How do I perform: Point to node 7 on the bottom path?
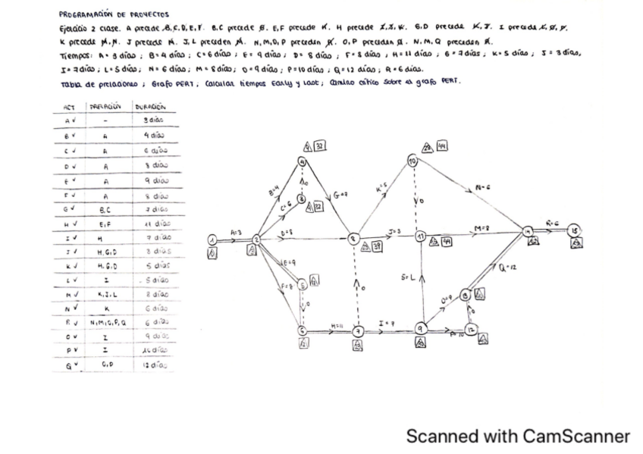(x=359, y=331)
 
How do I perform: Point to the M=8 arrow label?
(x=478, y=228)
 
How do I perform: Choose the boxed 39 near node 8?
(x=377, y=247)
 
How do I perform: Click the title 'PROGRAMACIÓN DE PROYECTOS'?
(x=114, y=14)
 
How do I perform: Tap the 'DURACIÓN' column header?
(x=150, y=108)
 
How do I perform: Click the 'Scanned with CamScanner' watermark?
(x=518, y=436)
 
